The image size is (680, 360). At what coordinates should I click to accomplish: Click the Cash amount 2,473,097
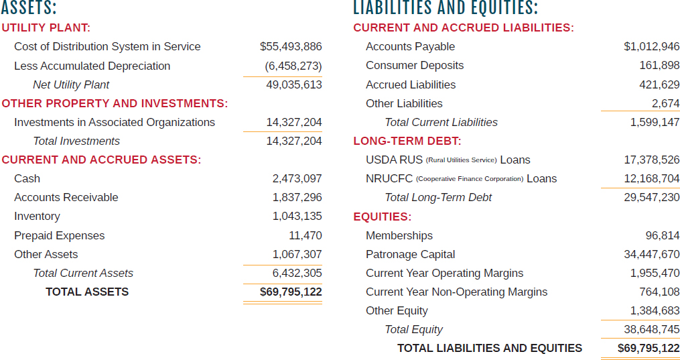point(297,179)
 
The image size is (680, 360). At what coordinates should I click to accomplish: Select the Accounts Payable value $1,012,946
point(651,47)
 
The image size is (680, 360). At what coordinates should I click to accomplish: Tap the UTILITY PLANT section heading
point(46,28)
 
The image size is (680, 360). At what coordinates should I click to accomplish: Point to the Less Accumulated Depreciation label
point(92,66)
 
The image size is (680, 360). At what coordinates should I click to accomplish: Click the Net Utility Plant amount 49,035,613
point(294,85)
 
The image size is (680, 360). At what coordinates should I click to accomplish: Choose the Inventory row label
point(37,217)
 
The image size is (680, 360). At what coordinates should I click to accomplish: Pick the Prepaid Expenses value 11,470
point(305,236)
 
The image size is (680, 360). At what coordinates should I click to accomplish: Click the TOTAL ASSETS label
point(87,292)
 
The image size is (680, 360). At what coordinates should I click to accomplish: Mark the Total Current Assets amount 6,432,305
point(297,274)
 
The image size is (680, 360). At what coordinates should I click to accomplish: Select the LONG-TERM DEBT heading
point(407,141)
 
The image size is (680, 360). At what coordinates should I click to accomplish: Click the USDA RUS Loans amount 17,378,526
point(651,160)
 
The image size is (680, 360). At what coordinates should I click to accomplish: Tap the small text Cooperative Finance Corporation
point(469,180)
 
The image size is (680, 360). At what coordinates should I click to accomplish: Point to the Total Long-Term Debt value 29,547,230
point(651,198)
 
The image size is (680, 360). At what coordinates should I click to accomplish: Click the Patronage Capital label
point(410,255)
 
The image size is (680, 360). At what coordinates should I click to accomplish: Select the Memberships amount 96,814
point(662,236)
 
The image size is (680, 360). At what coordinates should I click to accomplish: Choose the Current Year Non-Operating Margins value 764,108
point(659,292)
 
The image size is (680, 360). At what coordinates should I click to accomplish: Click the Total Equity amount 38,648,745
point(651,330)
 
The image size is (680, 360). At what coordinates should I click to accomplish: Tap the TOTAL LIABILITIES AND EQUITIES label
point(490,349)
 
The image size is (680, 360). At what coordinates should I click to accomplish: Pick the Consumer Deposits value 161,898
point(659,66)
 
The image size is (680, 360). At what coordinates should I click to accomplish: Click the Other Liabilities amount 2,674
point(665,104)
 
